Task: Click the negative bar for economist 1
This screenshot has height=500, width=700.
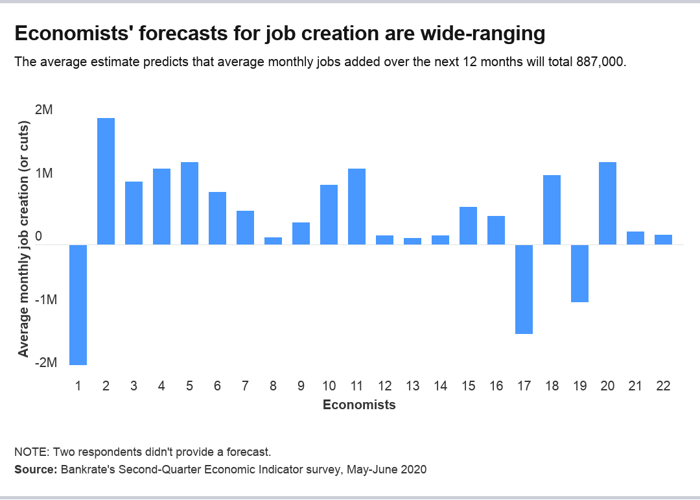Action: pyautogui.click(x=78, y=305)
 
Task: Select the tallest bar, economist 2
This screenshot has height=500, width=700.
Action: pyautogui.click(x=106, y=182)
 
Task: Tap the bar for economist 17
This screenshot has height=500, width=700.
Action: pyautogui.click(x=524, y=289)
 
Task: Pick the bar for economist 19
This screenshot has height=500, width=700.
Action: pyautogui.click(x=579, y=273)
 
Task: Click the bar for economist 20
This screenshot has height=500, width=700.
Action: pyautogui.click(x=607, y=204)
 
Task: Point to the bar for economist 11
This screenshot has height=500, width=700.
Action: pyautogui.click(x=356, y=207)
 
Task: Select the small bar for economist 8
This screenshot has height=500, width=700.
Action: pyautogui.click(x=273, y=241)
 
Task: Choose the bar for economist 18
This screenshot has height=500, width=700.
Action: pyautogui.click(x=552, y=210)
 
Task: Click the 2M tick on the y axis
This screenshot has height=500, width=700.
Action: pyautogui.click(x=44, y=110)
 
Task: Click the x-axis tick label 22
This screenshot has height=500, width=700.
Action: pyautogui.click(x=663, y=386)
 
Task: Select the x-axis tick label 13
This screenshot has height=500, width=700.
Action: pyautogui.click(x=412, y=386)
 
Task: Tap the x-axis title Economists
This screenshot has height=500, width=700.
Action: pyautogui.click(x=359, y=405)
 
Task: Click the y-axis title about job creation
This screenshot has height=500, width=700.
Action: pyautogui.click(x=23, y=238)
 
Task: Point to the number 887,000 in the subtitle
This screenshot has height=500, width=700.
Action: pyautogui.click(x=599, y=63)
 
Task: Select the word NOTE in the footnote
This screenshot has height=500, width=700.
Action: pyautogui.click(x=30, y=451)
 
